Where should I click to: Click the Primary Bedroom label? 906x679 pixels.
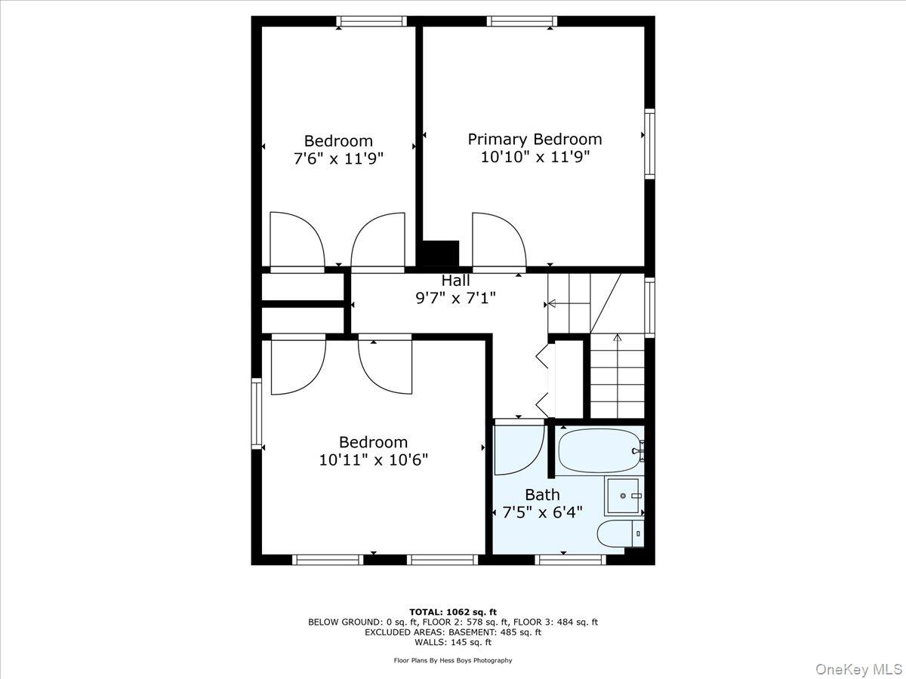pos(535,140)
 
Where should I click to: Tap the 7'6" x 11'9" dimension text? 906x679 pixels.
pos(338,158)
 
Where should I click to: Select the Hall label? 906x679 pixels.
pos(456,281)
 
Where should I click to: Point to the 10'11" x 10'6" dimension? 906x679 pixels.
pos(373,459)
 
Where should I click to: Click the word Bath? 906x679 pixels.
pos(542,495)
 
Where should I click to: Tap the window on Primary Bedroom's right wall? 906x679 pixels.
pos(649,143)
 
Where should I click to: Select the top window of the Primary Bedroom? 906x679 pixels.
pos(522,21)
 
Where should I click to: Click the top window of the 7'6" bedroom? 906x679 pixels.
pos(371,21)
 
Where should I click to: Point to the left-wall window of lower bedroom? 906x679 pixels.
pos(257,414)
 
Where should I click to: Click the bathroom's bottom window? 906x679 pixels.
pos(570,559)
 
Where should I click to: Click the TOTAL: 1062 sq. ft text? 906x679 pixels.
pos(453,612)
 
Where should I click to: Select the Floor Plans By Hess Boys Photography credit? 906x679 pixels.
pos(453,660)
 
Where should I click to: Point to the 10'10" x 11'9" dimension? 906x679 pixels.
pos(535,158)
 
